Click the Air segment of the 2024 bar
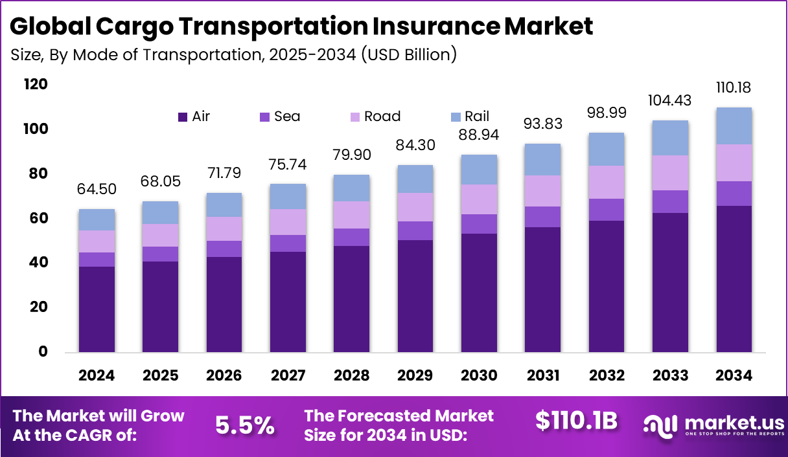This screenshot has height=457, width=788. pyautogui.click(x=97, y=309)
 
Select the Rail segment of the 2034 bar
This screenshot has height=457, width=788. pyautogui.click(x=734, y=126)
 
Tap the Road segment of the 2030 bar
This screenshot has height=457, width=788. pyautogui.click(x=479, y=199)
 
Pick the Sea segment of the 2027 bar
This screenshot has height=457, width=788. pyautogui.click(x=288, y=243)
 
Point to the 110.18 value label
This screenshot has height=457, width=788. pyautogui.click(x=734, y=87)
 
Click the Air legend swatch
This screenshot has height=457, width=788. pyautogui.click(x=182, y=117)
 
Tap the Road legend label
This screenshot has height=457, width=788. pyautogui.click(x=382, y=117)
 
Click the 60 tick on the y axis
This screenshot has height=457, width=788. pyautogui.click(x=38, y=218)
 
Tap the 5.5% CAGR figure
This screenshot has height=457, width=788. pyautogui.click(x=244, y=425)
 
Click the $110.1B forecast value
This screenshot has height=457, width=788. pyautogui.click(x=575, y=421)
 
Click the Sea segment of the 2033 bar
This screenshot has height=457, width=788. pyautogui.click(x=670, y=201)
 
